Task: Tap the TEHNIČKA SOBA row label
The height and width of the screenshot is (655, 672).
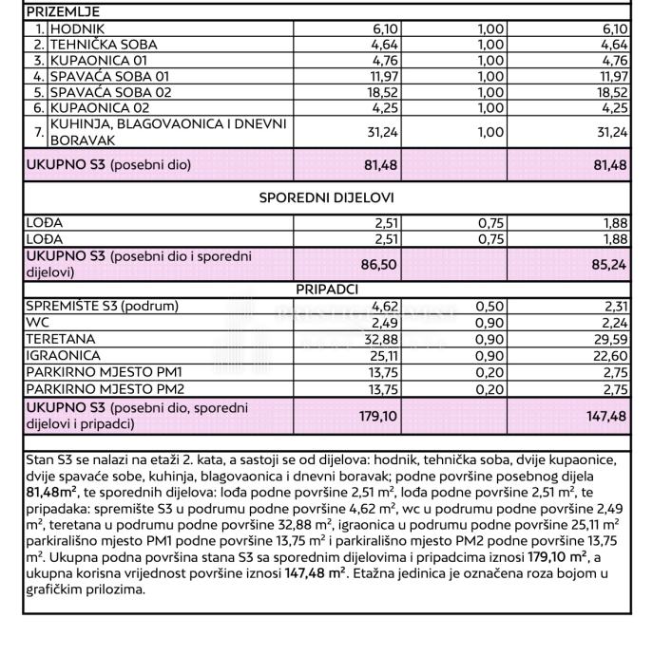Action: pyautogui.click(x=104, y=44)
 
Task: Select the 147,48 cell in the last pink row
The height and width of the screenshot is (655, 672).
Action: pyautogui.click(x=605, y=415)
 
